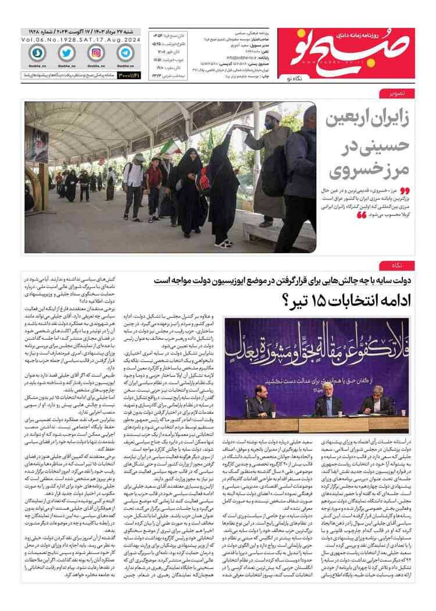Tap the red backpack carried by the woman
(203, 181)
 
